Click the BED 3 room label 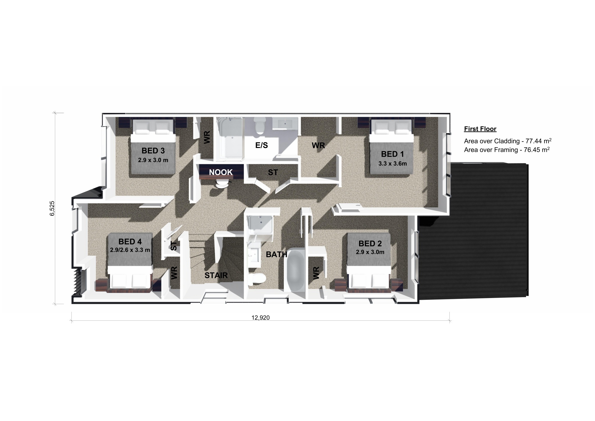click(x=153, y=151)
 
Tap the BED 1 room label click(x=392, y=154)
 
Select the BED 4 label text click(x=130, y=242)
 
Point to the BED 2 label click(x=370, y=244)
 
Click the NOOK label click(x=221, y=172)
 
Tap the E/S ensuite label click(x=261, y=145)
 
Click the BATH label click(x=277, y=255)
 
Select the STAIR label click(x=216, y=275)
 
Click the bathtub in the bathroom click(x=295, y=270)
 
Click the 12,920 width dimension click(x=261, y=318)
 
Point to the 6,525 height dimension click(x=53, y=208)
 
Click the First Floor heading click(x=480, y=129)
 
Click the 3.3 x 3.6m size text click(x=393, y=164)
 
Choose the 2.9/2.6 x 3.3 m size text click(x=130, y=250)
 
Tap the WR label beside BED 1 click(x=318, y=145)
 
